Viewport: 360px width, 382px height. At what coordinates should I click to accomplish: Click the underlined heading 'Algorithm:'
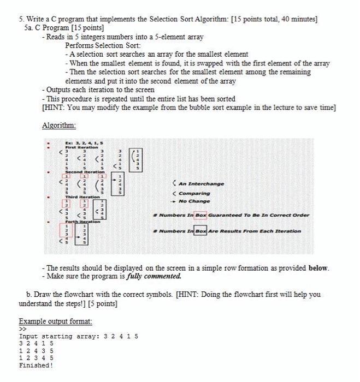click(x=60, y=125)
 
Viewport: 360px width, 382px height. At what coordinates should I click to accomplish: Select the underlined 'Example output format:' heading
click(x=55, y=321)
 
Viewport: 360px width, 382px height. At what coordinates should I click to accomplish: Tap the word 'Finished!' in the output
click(x=36, y=366)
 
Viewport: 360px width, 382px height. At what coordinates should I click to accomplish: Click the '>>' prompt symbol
click(x=22, y=329)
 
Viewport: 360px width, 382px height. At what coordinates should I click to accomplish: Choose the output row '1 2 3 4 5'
click(x=36, y=358)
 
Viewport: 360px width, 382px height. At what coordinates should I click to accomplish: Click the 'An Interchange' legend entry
click(x=202, y=184)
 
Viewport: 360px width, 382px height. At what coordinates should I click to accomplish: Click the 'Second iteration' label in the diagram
click(x=83, y=170)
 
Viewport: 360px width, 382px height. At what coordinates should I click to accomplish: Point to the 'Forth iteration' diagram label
click(x=81, y=221)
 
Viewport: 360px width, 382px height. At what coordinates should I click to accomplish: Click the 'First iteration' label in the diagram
click(x=81, y=147)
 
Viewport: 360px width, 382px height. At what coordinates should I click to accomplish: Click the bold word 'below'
click(x=318, y=268)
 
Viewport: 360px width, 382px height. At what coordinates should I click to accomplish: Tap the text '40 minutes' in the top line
click(x=298, y=19)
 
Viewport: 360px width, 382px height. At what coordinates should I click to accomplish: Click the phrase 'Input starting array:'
click(x=60, y=336)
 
